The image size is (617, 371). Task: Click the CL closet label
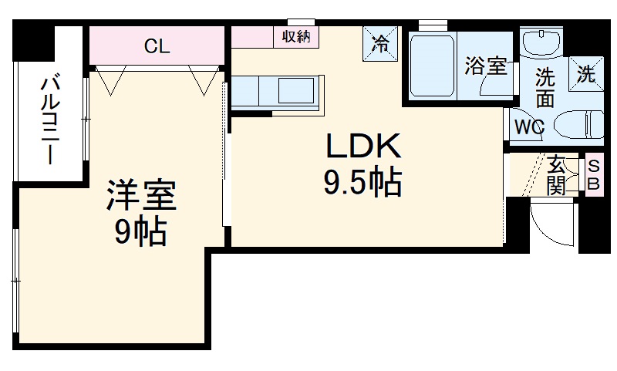pyautogui.click(x=157, y=46)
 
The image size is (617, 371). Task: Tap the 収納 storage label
pyautogui.click(x=296, y=36)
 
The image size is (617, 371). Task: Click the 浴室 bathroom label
pyautogui.click(x=485, y=66)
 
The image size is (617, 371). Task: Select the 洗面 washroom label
pyautogui.click(x=545, y=88)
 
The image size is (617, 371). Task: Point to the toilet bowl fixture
pyautogui.click(x=579, y=124)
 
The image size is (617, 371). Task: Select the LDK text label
pyautogui.click(x=362, y=146)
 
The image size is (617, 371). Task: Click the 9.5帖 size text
pyautogui.click(x=362, y=182)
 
